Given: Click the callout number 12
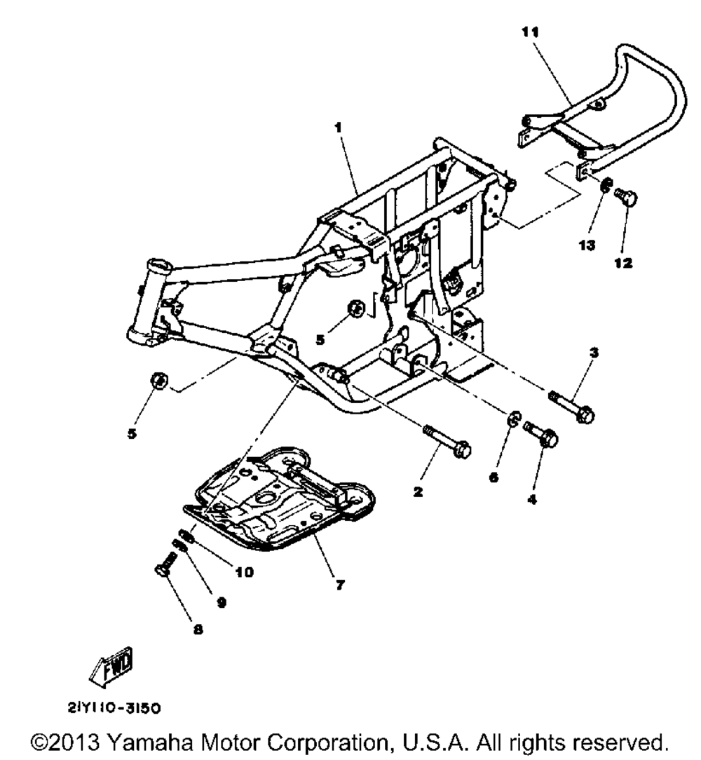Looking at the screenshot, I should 622,264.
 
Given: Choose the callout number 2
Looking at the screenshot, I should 417,493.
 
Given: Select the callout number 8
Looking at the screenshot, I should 197,630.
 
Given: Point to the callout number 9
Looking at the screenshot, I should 222,602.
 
